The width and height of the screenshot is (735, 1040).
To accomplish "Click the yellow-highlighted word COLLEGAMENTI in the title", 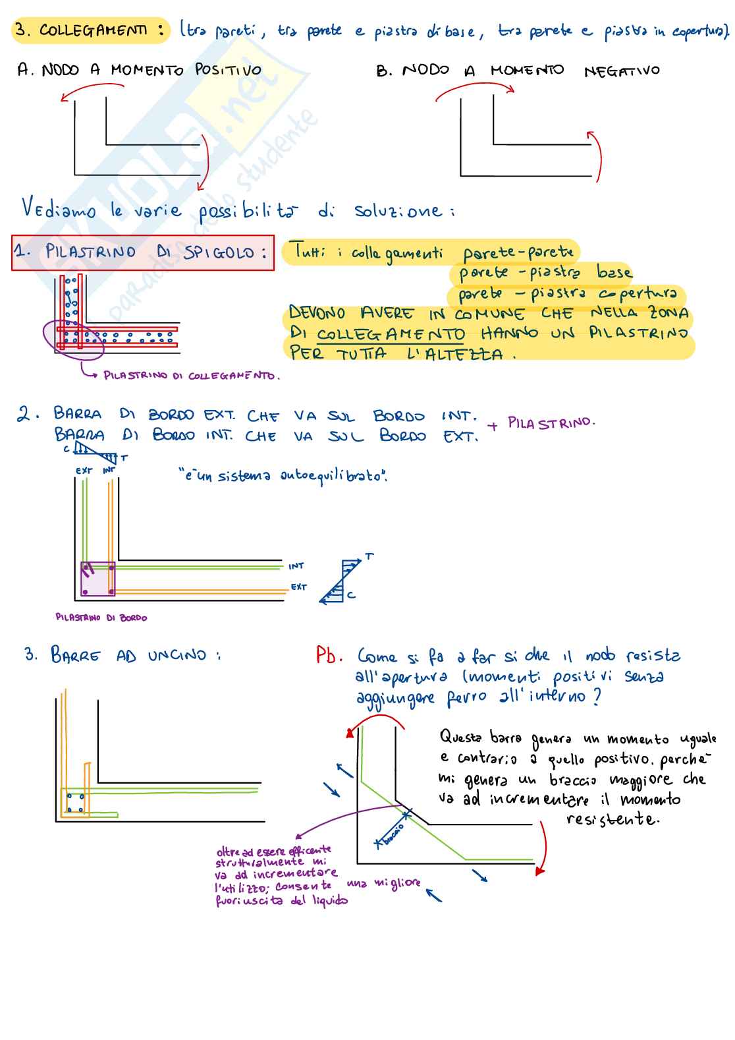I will [93, 30].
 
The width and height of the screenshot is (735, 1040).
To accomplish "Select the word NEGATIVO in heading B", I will [621, 71].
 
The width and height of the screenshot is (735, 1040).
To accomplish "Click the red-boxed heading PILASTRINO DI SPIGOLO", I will [142, 252].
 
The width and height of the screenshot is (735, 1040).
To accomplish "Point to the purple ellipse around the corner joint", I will [73, 340].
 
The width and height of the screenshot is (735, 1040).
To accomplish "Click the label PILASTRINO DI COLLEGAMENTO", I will [191, 376].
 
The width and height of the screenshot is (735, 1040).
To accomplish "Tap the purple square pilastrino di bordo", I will [97, 579].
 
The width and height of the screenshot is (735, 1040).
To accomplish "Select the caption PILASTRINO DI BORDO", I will [101, 618].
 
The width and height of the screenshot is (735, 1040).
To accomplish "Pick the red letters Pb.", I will [329, 656].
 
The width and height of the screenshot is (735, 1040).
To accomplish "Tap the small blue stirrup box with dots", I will [75, 803].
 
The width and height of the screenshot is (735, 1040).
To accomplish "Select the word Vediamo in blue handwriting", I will [58, 209].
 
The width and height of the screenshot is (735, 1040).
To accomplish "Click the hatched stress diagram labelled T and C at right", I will [342, 581].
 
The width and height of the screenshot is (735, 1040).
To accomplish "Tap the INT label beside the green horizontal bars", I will [296, 566].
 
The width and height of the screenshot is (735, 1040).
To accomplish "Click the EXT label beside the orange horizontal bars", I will [299, 587].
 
